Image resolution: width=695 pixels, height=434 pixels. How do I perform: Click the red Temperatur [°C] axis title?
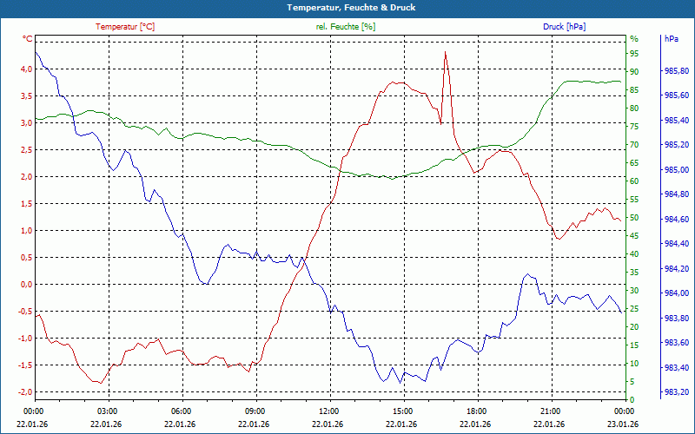(125, 27)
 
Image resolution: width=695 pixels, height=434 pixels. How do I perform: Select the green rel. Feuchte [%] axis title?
(346, 27)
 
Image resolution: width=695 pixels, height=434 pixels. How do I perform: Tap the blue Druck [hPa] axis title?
(564, 27)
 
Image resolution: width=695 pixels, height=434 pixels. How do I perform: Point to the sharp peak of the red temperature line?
(446, 52)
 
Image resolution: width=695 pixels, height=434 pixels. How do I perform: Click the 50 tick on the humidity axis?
(634, 218)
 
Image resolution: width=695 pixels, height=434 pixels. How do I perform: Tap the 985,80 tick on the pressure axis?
(677, 71)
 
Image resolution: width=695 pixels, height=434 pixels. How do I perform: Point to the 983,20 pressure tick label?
(677, 392)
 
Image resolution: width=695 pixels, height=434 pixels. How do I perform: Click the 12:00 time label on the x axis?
(329, 411)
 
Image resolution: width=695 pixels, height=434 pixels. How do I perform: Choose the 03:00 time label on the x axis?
(108, 411)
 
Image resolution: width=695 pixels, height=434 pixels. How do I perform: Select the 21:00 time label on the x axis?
(550, 411)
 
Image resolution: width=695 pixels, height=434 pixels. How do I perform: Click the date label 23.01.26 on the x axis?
(624, 423)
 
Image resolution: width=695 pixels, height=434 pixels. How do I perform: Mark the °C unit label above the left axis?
(28, 39)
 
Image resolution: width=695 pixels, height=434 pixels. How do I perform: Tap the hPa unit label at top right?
(672, 39)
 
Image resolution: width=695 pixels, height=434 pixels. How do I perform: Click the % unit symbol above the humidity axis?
(634, 39)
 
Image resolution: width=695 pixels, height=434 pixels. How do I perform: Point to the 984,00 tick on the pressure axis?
(677, 293)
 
